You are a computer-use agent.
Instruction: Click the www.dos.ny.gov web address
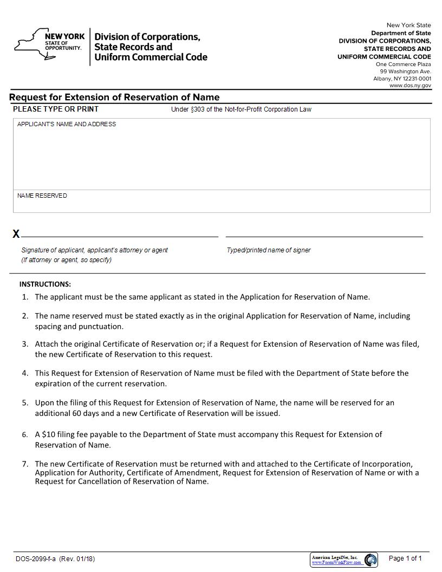tap(410, 86)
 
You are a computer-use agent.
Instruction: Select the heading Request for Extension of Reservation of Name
tap(114, 97)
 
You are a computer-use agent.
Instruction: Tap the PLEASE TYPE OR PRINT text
tap(56, 109)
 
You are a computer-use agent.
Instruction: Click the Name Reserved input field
tap(222, 204)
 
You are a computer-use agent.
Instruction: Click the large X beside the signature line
tap(16, 234)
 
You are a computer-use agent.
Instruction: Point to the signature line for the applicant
tap(119, 236)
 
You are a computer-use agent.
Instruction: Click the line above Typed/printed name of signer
tap(324, 236)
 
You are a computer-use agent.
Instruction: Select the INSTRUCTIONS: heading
tap(45, 284)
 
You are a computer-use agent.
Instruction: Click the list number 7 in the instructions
tap(25, 464)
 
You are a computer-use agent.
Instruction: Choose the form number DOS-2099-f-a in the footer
tap(36, 559)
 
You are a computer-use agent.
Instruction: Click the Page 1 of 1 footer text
tap(405, 558)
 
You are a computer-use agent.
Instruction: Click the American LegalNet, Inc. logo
tap(343, 560)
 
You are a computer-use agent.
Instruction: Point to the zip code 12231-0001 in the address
tap(417, 79)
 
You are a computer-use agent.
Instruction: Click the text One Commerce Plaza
tap(404, 64)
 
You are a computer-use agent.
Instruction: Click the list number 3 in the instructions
tap(25, 344)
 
